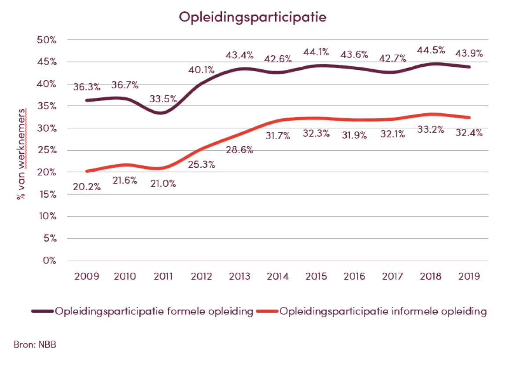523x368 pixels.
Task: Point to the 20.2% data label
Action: click(x=87, y=186)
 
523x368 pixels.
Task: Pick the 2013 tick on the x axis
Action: click(x=240, y=277)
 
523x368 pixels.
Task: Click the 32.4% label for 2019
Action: click(x=469, y=133)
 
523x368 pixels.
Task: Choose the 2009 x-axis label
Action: click(x=87, y=277)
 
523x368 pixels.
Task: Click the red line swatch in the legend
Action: click(x=267, y=311)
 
